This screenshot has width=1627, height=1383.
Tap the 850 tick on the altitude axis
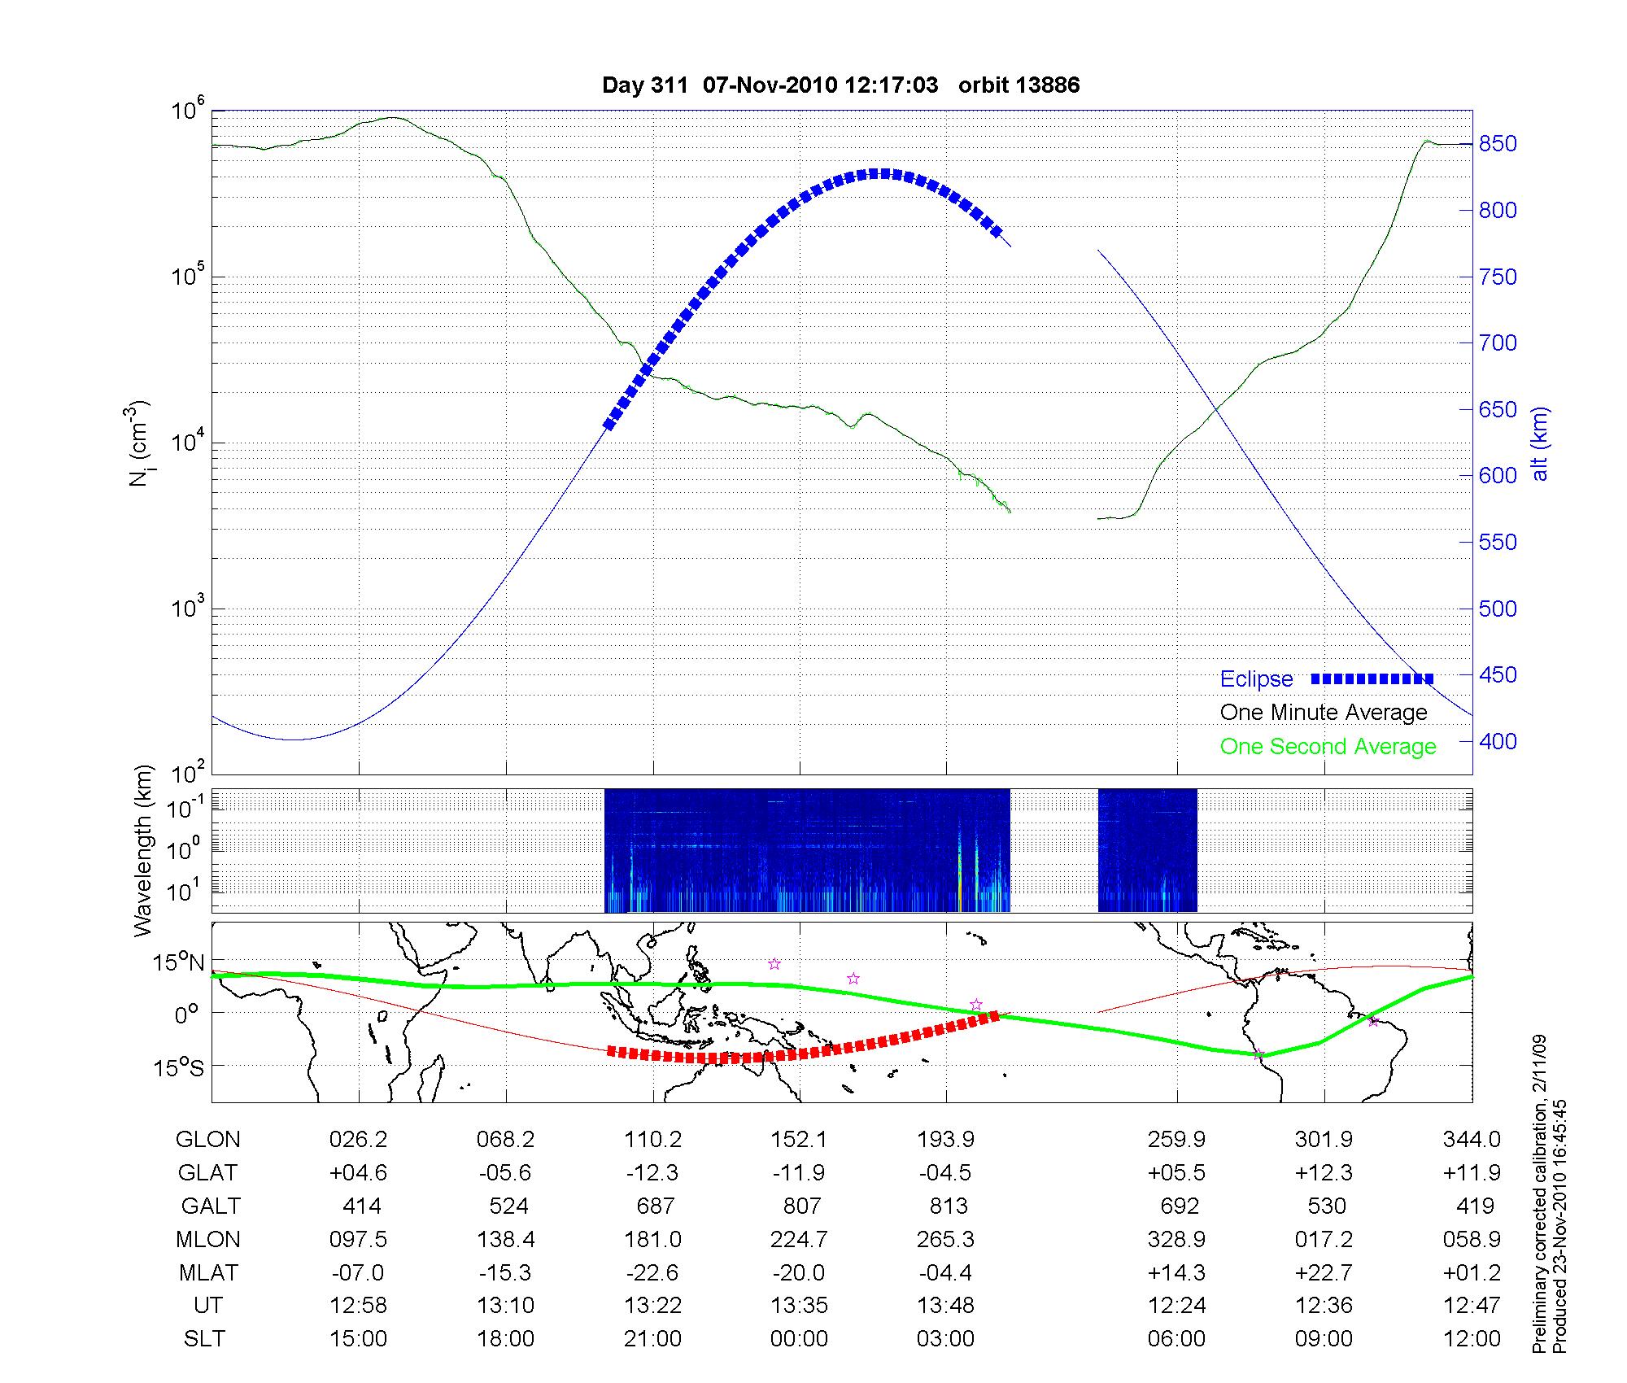pyautogui.click(x=1497, y=144)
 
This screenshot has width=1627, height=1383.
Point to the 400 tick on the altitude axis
pyautogui.click(x=1497, y=742)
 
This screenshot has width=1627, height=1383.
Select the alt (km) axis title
pyautogui.click(x=1540, y=443)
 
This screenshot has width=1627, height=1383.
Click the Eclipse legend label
pyautogui.click(x=1256, y=679)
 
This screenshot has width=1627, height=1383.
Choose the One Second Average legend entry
pyautogui.click(x=1328, y=747)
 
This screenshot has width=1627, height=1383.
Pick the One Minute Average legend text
pyautogui.click(x=1324, y=713)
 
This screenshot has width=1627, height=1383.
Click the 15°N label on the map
pyautogui.click(x=180, y=963)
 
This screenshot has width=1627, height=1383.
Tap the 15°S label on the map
pyautogui.click(x=180, y=1067)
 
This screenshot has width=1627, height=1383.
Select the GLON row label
pyautogui.click(x=207, y=1140)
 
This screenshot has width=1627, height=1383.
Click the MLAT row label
pyautogui.click(x=207, y=1272)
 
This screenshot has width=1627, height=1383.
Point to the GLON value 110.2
pyautogui.click(x=652, y=1140)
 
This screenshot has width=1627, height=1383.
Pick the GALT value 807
pyautogui.click(x=801, y=1206)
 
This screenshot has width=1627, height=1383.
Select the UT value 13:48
pyautogui.click(x=946, y=1306)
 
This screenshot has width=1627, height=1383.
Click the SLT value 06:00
pyautogui.click(x=1176, y=1339)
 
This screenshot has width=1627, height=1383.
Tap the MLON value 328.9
pyautogui.click(x=1176, y=1239)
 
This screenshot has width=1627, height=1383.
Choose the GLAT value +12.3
pyautogui.click(x=1324, y=1173)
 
